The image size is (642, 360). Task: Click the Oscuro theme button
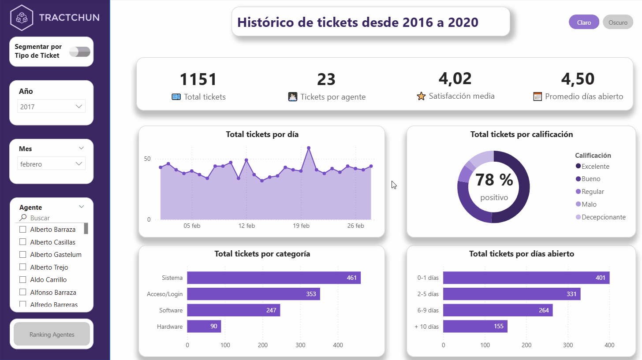click(x=618, y=22)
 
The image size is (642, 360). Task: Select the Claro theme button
click(x=584, y=22)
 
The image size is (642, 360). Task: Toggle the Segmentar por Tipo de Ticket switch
click(x=80, y=52)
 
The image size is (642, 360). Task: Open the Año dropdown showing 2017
click(x=52, y=107)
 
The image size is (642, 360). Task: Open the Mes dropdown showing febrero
click(x=52, y=164)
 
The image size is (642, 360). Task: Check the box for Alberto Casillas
click(x=23, y=242)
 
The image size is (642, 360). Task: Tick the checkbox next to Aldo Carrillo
click(x=23, y=279)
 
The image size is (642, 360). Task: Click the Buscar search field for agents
click(x=53, y=218)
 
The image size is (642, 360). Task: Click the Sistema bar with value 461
click(x=273, y=278)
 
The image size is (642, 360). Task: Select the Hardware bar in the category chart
click(x=204, y=327)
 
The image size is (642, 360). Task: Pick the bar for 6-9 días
click(x=497, y=310)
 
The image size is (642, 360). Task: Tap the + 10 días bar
click(x=475, y=327)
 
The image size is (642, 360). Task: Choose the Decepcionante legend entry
click(x=603, y=217)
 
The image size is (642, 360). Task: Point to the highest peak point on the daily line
click(x=309, y=148)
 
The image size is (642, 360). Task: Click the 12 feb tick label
click(x=246, y=226)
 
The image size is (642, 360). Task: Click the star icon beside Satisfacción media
click(x=421, y=96)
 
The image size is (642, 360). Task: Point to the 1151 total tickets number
click(x=198, y=80)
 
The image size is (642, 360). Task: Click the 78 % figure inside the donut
click(x=494, y=180)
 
